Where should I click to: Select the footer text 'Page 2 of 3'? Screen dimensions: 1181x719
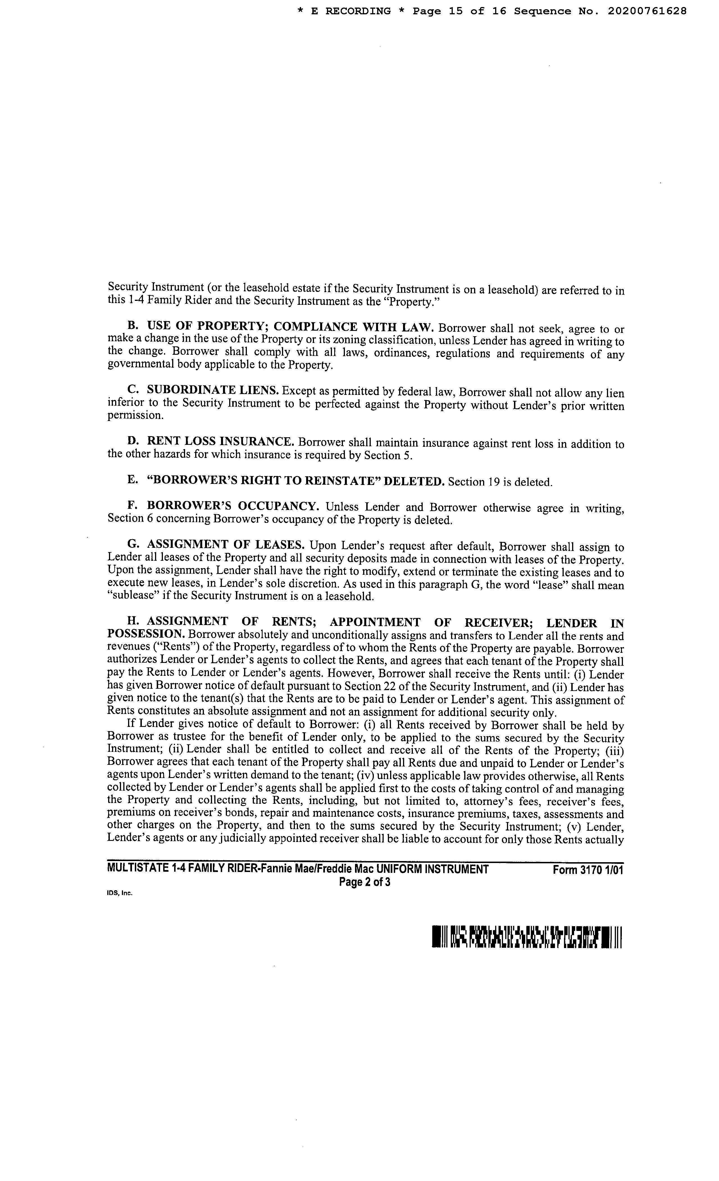coord(365,882)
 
